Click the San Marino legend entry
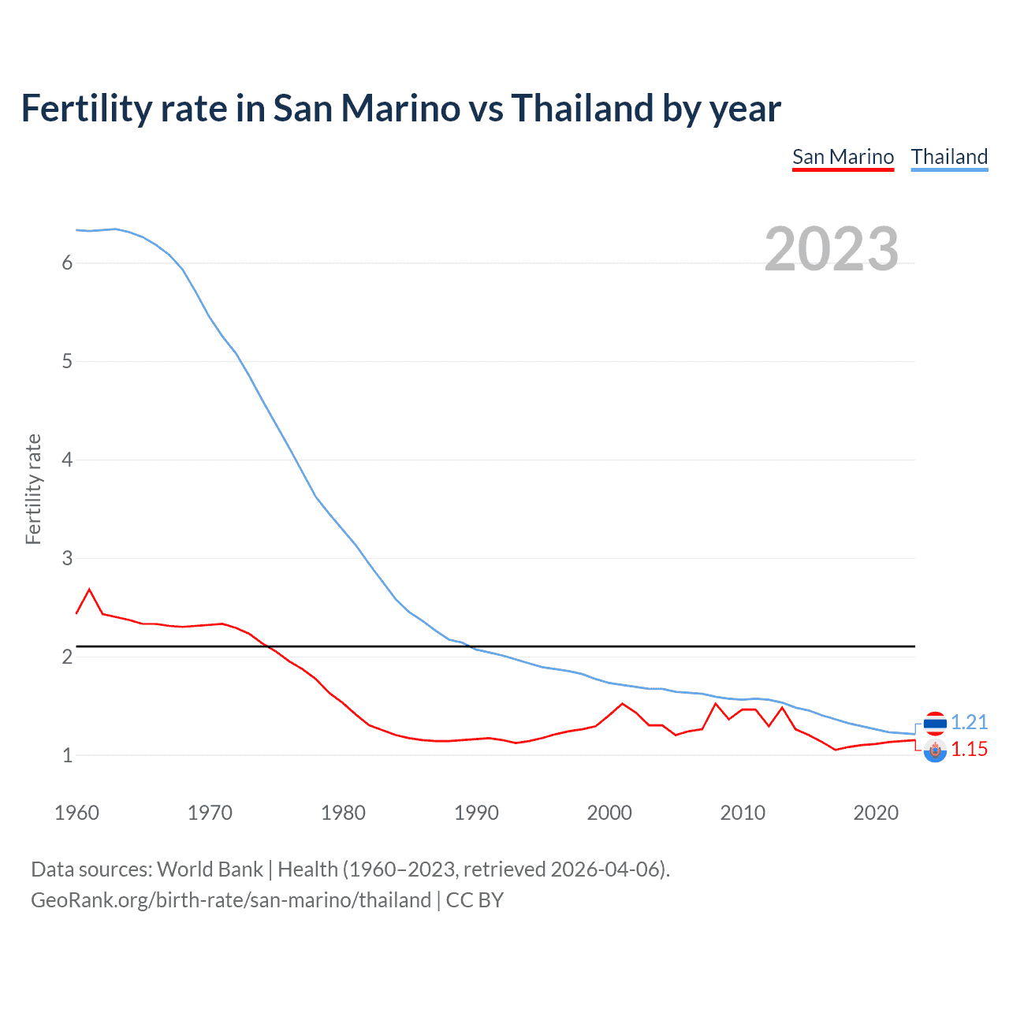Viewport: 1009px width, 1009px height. pyautogui.click(x=843, y=157)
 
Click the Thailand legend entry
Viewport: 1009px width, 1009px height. pyautogui.click(x=949, y=157)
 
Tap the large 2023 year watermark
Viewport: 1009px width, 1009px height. pyautogui.click(x=831, y=249)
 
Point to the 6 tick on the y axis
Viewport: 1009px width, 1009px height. pyautogui.click(x=67, y=263)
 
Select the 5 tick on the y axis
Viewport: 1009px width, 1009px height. pyautogui.click(x=67, y=362)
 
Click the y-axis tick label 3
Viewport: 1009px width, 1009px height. pyautogui.click(x=67, y=559)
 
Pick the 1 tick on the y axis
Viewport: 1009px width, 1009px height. pyautogui.click(x=67, y=755)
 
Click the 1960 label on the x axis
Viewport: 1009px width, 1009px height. pyautogui.click(x=76, y=813)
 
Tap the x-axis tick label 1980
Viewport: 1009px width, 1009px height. pyautogui.click(x=343, y=813)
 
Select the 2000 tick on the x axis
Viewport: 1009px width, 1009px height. pyautogui.click(x=609, y=813)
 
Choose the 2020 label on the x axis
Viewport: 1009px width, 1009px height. pyautogui.click(x=876, y=813)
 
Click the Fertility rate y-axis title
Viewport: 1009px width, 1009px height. pyautogui.click(x=33, y=489)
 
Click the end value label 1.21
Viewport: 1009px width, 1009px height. pyautogui.click(x=969, y=722)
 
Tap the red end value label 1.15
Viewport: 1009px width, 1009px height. pyautogui.click(x=969, y=749)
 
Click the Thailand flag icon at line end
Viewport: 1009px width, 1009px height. pyautogui.click(x=935, y=723)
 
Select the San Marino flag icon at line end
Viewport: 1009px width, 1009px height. pyautogui.click(x=935, y=751)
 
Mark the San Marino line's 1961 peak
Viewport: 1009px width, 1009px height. pyautogui.click(x=89, y=590)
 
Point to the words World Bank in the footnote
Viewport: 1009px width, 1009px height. pyautogui.click(x=210, y=869)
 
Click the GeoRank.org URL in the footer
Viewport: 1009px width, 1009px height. pyautogui.click(x=231, y=900)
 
